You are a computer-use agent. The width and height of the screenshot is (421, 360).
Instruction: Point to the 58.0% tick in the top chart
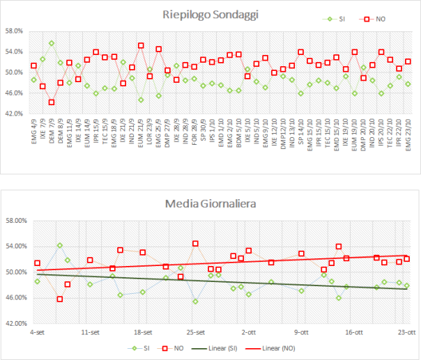[15, 31]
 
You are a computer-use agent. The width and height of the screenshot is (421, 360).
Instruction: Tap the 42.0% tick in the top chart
[15, 113]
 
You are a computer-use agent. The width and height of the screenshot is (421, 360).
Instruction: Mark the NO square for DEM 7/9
[52, 102]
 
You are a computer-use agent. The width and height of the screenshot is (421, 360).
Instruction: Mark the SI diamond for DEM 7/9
[52, 43]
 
